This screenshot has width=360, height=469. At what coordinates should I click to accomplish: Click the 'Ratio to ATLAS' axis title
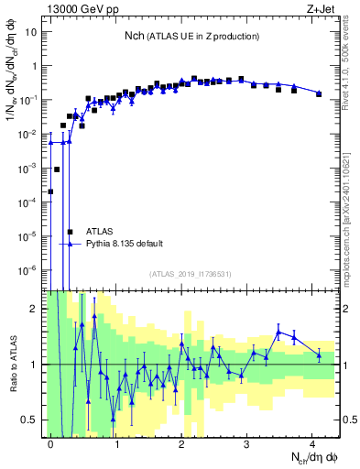[12, 365]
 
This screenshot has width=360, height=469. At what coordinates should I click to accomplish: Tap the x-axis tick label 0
[51, 443]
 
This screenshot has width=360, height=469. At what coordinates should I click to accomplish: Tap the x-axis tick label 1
[117, 443]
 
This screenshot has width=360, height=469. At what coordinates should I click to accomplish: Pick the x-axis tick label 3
[247, 443]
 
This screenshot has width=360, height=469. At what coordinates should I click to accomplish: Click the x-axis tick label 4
[312, 443]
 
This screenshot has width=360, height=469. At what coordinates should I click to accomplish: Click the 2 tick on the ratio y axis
[38, 309]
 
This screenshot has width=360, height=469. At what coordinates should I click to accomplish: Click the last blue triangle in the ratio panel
[319, 354]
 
